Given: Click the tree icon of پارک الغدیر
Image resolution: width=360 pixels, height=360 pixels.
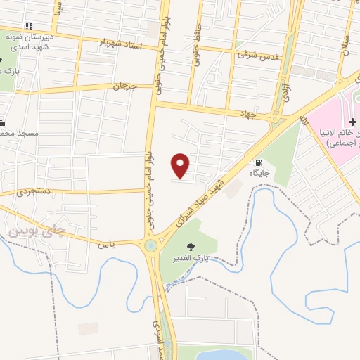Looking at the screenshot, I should point(191,246).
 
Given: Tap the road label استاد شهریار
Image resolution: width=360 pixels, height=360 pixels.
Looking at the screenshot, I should point(127,46).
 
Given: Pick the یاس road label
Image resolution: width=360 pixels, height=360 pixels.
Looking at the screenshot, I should point(106,243).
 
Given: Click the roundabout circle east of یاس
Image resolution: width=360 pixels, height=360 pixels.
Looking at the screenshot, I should point(151,246).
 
